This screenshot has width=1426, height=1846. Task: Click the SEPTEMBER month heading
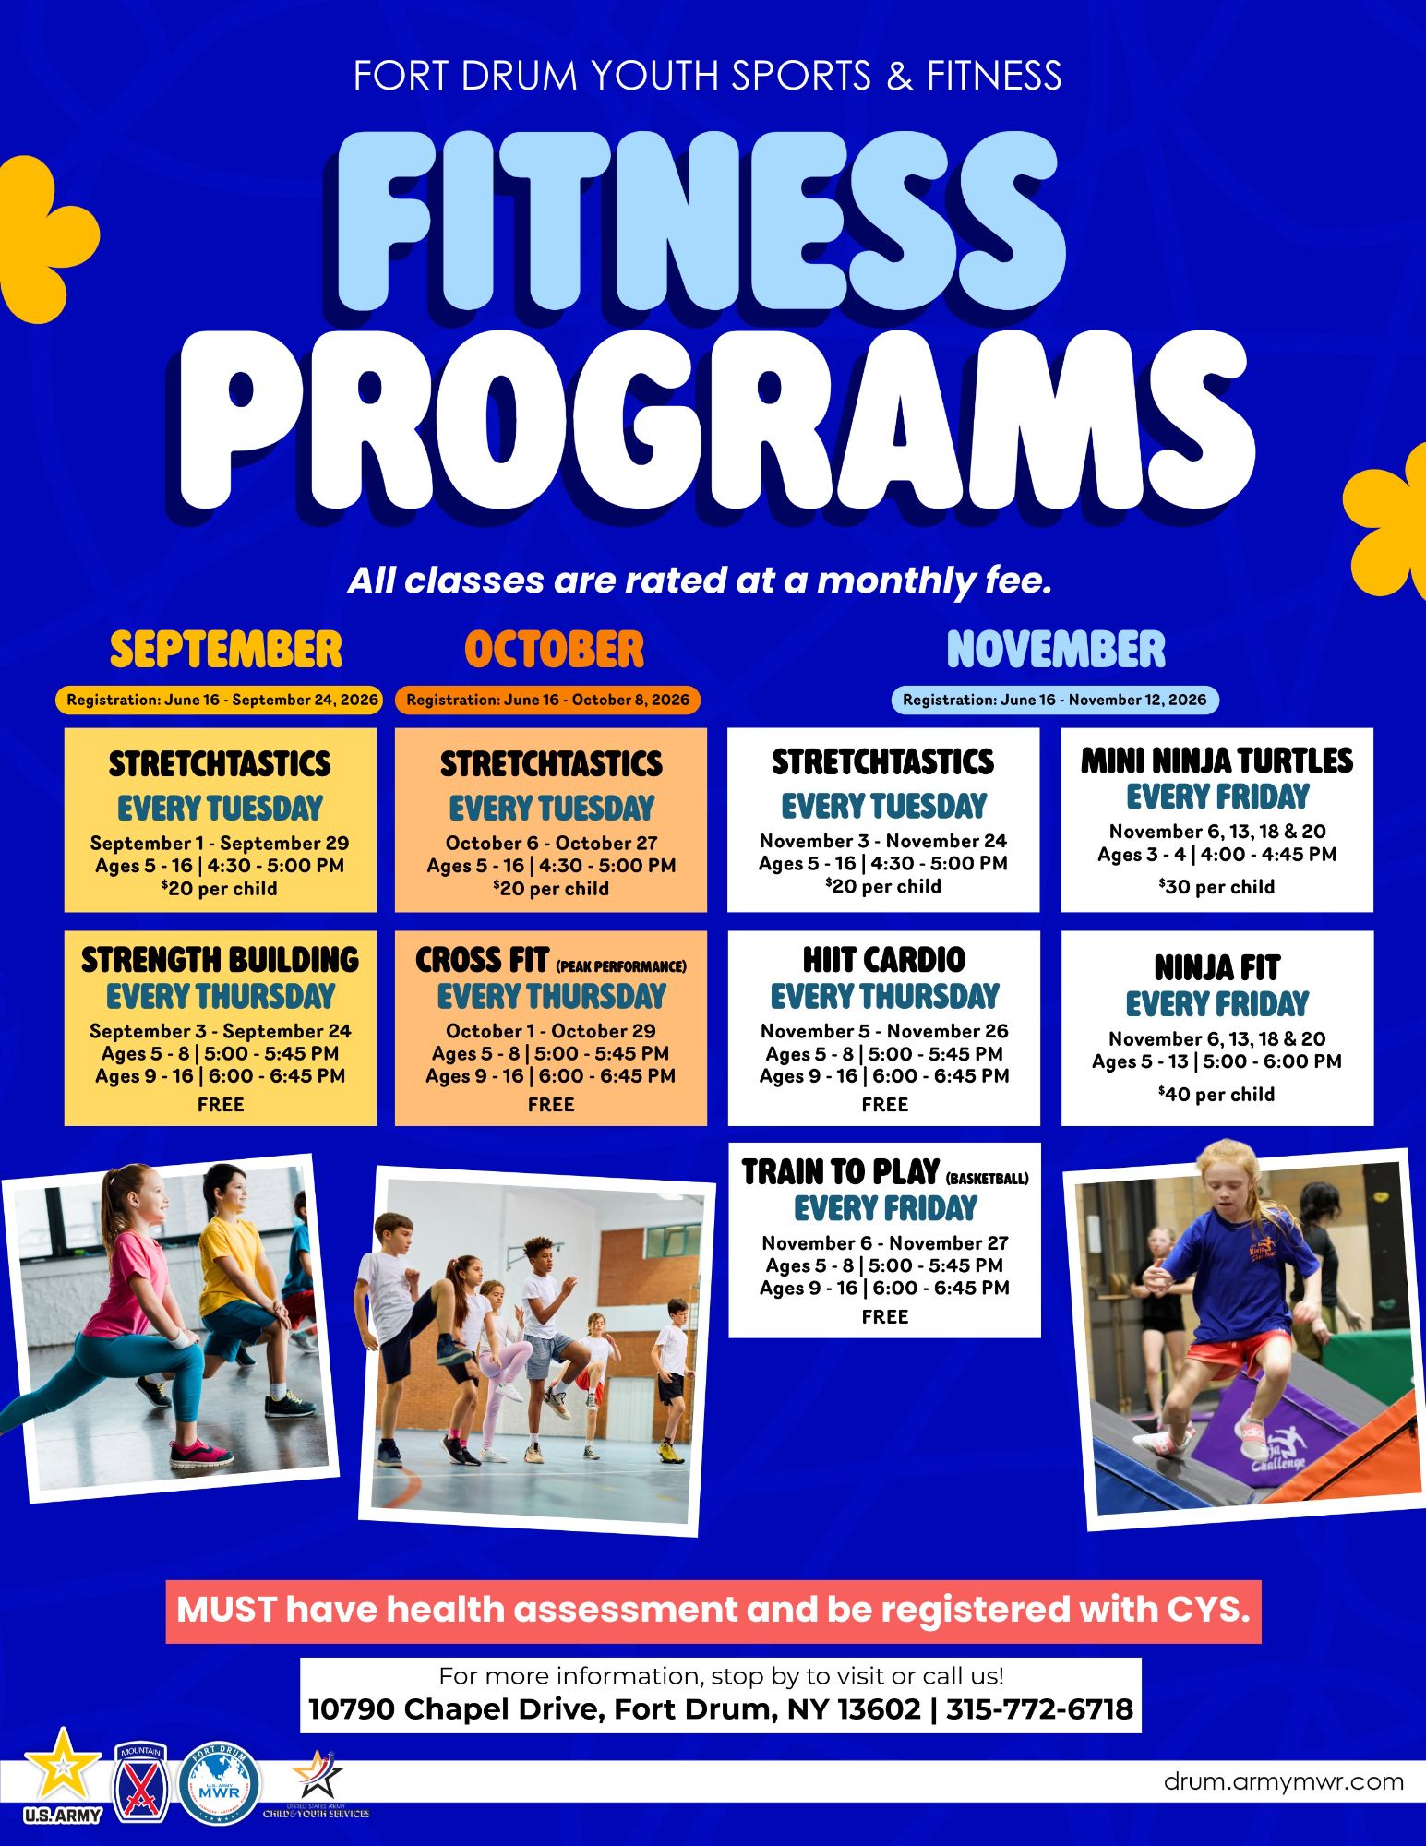coord(226,649)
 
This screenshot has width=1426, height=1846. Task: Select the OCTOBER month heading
coord(555,649)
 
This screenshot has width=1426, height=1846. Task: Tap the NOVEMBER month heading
coord(1056,649)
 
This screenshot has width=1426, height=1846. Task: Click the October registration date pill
coord(548,700)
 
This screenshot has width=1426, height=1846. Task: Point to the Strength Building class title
coord(220,960)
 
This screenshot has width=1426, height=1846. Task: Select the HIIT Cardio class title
coord(884,960)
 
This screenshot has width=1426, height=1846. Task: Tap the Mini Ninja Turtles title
coord(1217,761)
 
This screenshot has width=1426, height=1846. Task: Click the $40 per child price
coord(1217,1094)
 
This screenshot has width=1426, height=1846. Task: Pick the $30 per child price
coord(1217,886)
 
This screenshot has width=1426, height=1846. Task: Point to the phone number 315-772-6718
coord(1039,1709)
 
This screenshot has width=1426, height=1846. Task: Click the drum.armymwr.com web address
coord(1284,1781)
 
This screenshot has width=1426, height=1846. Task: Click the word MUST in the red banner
coord(226,1610)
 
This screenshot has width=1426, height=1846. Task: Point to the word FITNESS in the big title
coord(701,222)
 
